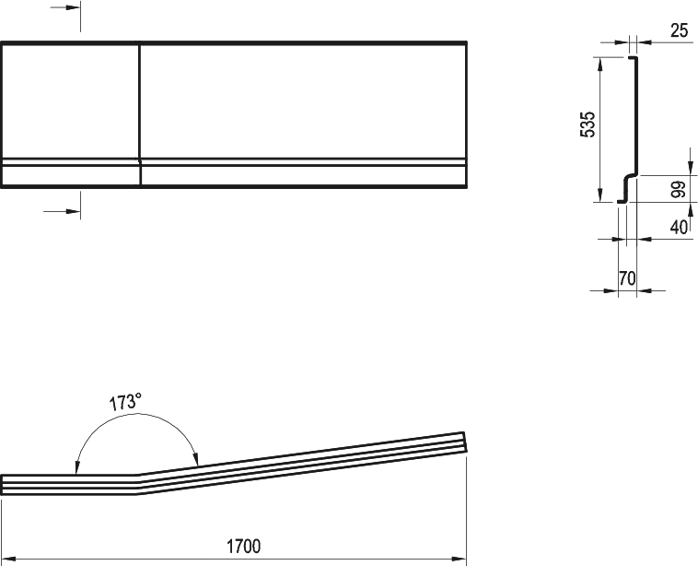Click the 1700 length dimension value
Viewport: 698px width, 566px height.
point(243,546)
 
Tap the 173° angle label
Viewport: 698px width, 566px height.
point(125,402)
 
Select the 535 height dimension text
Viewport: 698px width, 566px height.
point(587,124)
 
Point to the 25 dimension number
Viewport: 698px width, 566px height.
point(679,30)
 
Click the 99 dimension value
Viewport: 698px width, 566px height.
point(678,189)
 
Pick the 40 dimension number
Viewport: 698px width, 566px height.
point(679,228)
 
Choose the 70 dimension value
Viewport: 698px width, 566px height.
point(627,278)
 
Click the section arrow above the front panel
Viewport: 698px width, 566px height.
point(65,7)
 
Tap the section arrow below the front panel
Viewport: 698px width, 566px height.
point(62,211)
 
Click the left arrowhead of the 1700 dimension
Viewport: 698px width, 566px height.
point(8,559)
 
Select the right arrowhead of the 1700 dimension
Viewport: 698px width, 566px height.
point(459,559)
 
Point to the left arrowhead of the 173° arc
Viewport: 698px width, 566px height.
point(76,467)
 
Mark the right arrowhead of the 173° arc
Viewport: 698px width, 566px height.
point(196,459)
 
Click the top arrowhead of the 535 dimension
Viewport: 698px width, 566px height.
point(600,65)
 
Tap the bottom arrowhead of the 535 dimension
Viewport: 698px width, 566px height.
point(600,195)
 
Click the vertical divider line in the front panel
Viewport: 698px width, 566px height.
point(140,114)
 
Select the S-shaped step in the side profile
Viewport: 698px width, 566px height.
point(627,188)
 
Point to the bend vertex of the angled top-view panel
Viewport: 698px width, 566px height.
point(137,485)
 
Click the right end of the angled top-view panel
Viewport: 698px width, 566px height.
point(465,442)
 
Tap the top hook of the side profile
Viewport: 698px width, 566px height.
point(633,58)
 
